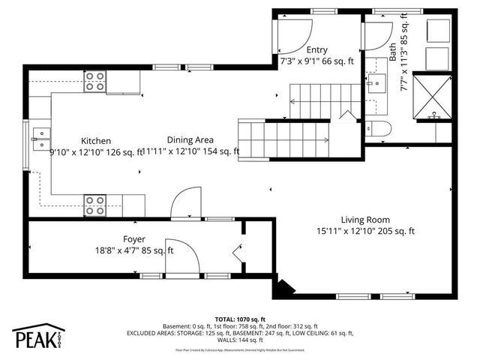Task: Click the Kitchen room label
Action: (x=96, y=140)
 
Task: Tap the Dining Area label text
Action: (x=190, y=139)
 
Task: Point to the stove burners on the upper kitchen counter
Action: (x=95, y=83)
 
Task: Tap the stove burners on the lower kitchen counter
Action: (x=94, y=200)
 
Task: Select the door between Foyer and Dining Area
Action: (x=184, y=204)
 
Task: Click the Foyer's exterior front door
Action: (x=183, y=259)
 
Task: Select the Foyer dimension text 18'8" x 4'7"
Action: (x=122, y=250)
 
